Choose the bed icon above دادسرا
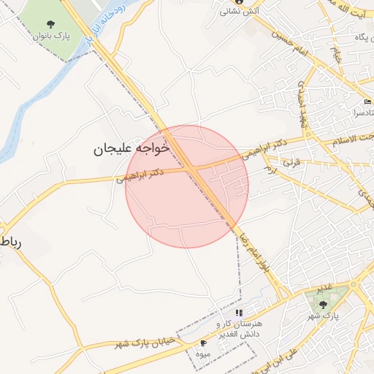coord(367,102)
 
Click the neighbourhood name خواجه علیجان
coord(131,148)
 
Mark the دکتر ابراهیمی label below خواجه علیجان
coord(139,175)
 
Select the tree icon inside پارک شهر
coord(323,304)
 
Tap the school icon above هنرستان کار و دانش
coord(239,313)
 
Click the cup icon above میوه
coord(203,343)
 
